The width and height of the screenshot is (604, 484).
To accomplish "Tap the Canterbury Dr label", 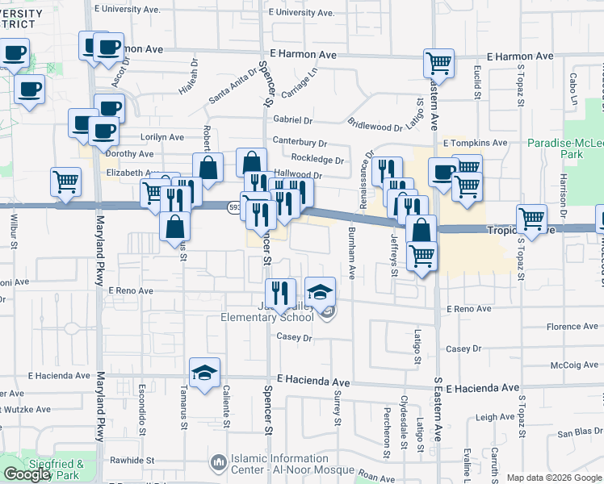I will pyautogui.click(x=300, y=143).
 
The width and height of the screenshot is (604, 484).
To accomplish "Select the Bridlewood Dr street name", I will pyautogui.click(x=375, y=124).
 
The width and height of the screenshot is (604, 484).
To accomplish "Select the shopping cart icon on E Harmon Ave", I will pyautogui.click(x=438, y=62).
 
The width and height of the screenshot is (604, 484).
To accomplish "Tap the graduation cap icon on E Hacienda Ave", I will pyautogui.click(x=204, y=372).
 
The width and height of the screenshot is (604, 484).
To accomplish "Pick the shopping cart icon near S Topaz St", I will pyautogui.click(x=531, y=218).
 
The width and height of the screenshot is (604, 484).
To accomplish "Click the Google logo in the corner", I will pyautogui.click(x=27, y=474).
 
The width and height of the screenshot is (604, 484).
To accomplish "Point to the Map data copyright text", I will pyautogui.click(x=554, y=478).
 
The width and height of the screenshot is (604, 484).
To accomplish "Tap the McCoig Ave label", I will pyautogui.click(x=574, y=365).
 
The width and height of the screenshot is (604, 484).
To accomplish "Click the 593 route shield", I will pyautogui.click(x=234, y=207).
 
